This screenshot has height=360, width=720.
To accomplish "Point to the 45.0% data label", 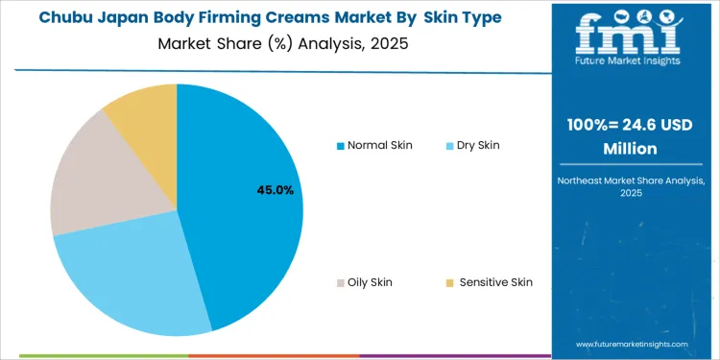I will pyautogui.click(x=275, y=191).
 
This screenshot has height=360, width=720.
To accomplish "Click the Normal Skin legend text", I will pyautogui.click(x=380, y=145).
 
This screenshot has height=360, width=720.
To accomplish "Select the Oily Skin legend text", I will pyautogui.click(x=370, y=282).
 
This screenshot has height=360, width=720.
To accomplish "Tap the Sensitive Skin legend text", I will pyautogui.click(x=495, y=282).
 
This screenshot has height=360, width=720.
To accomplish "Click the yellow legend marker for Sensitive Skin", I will pyautogui.click(x=450, y=283).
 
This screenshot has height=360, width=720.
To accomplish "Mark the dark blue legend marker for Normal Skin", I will pyautogui.click(x=340, y=146).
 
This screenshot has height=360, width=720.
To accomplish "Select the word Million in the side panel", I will pyautogui.click(x=633, y=149).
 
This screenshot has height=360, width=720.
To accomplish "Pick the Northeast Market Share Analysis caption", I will pyautogui.click(x=633, y=180).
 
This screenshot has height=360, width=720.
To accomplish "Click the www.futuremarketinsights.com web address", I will pyautogui.click(x=633, y=343).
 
